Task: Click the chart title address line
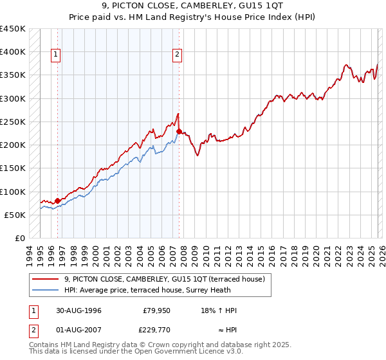click(192, 6)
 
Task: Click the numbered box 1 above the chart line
click(57, 55)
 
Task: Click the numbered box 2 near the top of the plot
click(177, 55)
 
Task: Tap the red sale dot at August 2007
click(179, 131)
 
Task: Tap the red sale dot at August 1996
click(57, 201)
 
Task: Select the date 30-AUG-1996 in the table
click(78, 310)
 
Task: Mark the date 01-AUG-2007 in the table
click(78, 332)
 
